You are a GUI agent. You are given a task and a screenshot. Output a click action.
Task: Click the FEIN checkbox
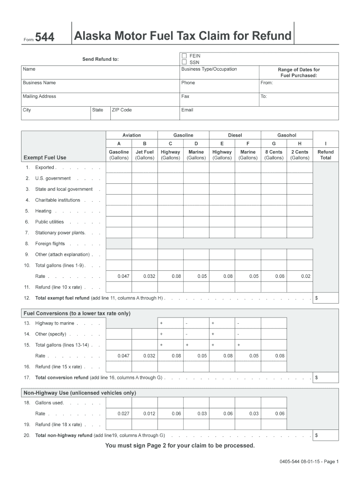point(184,56)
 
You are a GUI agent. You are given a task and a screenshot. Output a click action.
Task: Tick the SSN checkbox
point(184,62)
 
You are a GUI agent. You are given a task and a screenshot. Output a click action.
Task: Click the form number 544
point(45,38)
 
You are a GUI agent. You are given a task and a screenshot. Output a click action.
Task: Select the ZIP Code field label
point(122,110)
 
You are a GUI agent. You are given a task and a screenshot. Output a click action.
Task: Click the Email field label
point(187,110)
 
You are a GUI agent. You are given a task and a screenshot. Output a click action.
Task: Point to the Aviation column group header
point(131,135)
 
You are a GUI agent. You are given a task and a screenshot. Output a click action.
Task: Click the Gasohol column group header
point(287,135)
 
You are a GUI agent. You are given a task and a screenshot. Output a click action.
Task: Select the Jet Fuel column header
point(144,155)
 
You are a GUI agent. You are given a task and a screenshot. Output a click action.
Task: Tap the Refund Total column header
point(325,155)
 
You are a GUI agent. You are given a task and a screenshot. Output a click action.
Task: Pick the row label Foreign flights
point(50,244)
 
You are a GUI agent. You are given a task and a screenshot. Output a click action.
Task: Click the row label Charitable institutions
point(58,200)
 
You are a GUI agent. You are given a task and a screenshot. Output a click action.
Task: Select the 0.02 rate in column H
point(306,276)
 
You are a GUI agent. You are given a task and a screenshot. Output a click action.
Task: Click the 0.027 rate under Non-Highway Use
point(123,414)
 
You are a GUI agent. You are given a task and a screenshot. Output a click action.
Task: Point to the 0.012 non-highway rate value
point(149,414)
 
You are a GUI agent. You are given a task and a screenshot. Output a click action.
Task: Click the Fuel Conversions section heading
point(77,313)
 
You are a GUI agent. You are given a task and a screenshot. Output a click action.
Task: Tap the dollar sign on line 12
point(317,298)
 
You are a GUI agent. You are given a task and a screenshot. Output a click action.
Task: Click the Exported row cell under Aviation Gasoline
point(119,167)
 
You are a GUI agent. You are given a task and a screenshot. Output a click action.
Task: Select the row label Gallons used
point(50,403)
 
